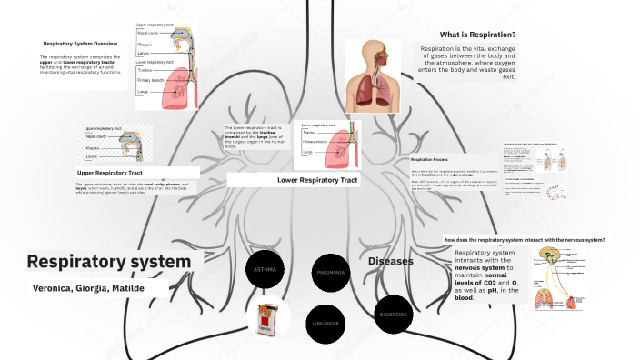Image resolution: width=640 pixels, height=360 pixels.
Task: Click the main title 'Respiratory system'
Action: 109,262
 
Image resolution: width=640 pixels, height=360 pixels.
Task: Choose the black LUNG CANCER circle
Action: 325,323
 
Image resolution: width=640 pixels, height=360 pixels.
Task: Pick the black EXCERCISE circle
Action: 394,314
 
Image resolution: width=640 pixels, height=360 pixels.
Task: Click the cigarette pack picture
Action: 267,320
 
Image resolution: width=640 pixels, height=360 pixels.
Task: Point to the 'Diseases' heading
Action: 391,261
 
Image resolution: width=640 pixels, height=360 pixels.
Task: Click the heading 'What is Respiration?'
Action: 478,35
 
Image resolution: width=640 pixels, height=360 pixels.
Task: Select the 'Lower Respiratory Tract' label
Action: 317,180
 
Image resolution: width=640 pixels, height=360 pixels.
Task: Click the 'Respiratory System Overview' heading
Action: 80,43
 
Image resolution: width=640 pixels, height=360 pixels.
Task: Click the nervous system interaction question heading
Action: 525,240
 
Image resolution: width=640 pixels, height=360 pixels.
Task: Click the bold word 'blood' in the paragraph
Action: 464,297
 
